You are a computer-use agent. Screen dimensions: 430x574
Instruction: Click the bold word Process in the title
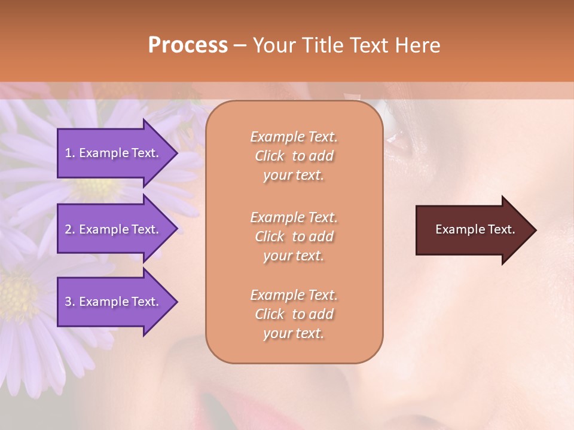[x=188, y=45]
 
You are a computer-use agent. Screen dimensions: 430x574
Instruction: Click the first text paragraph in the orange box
[x=294, y=156]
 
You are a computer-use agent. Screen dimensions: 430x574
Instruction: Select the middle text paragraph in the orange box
[x=294, y=236]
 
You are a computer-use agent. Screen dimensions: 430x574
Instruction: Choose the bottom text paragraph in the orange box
[x=294, y=314]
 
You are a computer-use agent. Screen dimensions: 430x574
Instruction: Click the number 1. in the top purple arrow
[x=70, y=153]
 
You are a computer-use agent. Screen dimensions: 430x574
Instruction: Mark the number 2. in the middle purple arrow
[x=70, y=229]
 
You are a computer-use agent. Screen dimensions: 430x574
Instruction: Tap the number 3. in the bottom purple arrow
[x=70, y=302]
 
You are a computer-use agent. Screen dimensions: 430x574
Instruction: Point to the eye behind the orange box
[x=395, y=128]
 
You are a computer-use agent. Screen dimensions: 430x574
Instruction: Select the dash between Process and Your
[x=240, y=46]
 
